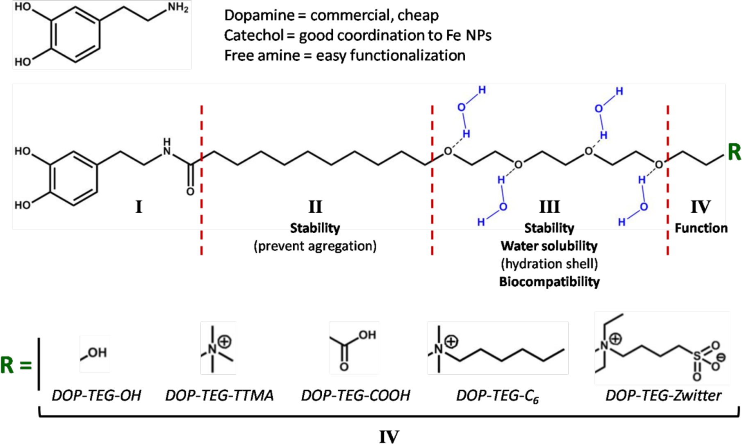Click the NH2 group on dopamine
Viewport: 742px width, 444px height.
(x=178, y=7)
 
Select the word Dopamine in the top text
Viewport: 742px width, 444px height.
(x=259, y=16)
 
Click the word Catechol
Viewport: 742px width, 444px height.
(x=253, y=36)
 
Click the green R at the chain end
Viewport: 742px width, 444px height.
(x=734, y=152)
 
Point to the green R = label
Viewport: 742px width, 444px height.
(x=16, y=365)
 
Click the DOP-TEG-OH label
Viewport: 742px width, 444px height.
(x=96, y=395)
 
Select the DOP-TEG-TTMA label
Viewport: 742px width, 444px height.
(x=219, y=395)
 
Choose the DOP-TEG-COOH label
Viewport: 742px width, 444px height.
(x=355, y=395)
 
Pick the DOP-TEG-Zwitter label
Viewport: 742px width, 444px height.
(x=663, y=395)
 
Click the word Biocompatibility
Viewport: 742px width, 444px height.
(x=549, y=282)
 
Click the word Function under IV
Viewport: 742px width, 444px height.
(x=701, y=228)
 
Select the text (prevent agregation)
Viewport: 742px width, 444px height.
(x=315, y=246)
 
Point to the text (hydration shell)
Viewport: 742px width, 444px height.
(x=549, y=264)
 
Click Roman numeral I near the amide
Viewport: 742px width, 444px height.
(x=139, y=207)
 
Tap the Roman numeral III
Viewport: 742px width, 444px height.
(x=549, y=207)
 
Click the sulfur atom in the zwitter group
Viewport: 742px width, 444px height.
(x=696, y=356)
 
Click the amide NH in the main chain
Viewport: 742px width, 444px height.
(x=167, y=148)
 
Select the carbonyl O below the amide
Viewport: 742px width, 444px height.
(x=190, y=192)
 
